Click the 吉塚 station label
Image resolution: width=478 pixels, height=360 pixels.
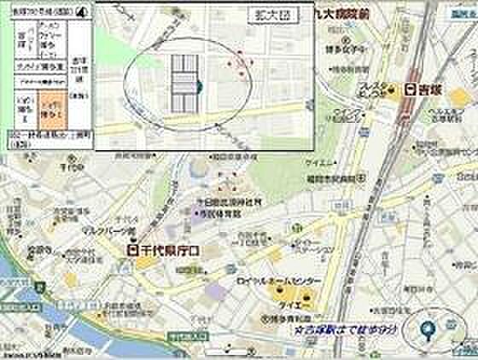click(x=431, y=89)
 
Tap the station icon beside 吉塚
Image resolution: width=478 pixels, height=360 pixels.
click(x=411, y=89)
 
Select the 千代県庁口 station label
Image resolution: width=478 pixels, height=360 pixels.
click(x=169, y=250)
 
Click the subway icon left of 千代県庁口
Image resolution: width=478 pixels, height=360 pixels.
click(x=132, y=250)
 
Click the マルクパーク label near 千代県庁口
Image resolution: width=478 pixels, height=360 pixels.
click(x=101, y=229)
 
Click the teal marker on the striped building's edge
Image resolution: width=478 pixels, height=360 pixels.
click(x=198, y=86)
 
